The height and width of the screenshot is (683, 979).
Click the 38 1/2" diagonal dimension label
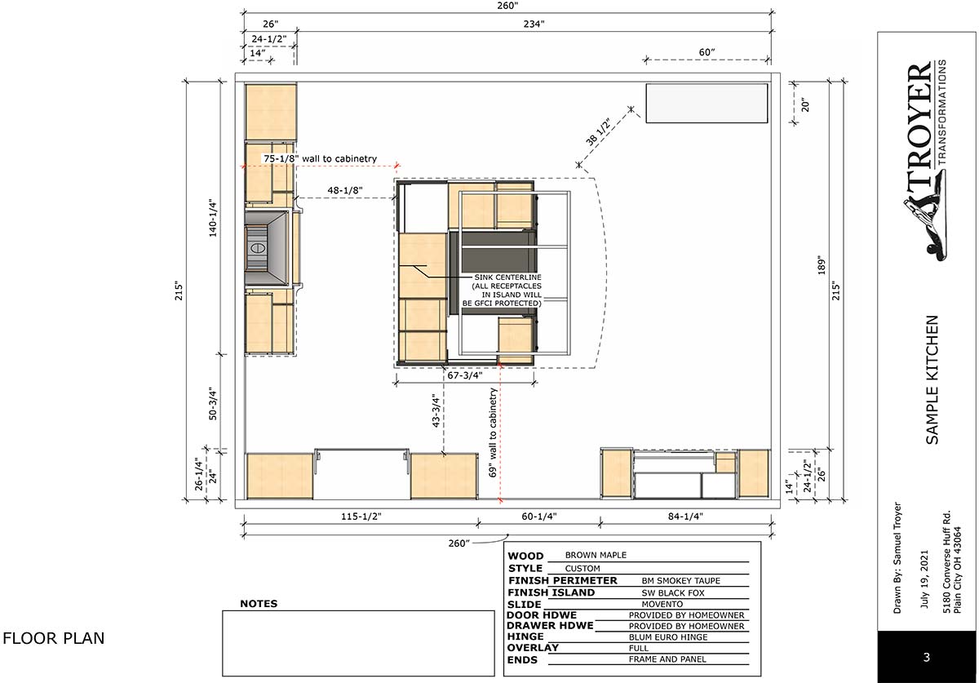(x=598, y=131)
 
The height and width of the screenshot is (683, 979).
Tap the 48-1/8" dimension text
(x=345, y=190)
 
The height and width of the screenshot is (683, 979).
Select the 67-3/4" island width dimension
(x=464, y=375)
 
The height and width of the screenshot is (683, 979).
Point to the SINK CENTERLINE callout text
(x=507, y=277)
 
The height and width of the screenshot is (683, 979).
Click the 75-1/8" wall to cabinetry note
(x=320, y=159)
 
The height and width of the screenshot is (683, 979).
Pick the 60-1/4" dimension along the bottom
(x=539, y=517)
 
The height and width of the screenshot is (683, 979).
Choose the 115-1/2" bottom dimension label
(x=361, y=517)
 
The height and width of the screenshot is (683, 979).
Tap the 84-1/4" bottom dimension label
(x=685, y=517)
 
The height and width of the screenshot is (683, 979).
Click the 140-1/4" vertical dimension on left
(x=213, y=218)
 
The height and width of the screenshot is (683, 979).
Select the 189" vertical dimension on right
(x=822, y=265)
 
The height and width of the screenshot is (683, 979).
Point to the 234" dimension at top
(x=534, y=24)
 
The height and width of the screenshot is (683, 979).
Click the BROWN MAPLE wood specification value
(x=596, y=555)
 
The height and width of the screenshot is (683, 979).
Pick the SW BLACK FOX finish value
(x=673, y=593)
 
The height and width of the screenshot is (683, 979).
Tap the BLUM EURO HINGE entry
(x=668, y=637)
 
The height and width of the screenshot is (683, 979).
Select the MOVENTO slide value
(x=662, y=605)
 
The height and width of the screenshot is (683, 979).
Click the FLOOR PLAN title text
(x=54, y=638)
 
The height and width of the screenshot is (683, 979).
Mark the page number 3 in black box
(x=926, y=657)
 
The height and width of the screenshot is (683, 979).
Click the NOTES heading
(x=259, y=604)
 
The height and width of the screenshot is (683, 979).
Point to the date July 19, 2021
(x=924, y=579)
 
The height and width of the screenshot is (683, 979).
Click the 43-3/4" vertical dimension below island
(x=436, y=410)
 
